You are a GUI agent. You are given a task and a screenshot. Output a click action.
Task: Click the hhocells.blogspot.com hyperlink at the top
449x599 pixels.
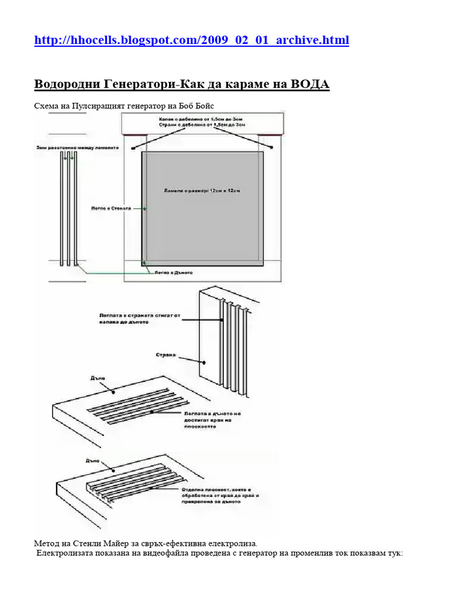point(192,40)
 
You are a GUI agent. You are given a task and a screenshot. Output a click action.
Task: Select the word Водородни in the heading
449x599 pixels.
point(67,84)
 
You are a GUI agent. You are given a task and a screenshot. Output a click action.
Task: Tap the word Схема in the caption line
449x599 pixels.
point(47,106)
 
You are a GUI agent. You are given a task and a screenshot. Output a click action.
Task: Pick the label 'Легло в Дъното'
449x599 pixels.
point(173,273)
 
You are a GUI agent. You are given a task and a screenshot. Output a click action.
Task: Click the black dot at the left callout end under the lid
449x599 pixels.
point(134,149)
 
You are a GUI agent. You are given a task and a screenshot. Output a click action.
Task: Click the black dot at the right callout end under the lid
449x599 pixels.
point(272,147)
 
